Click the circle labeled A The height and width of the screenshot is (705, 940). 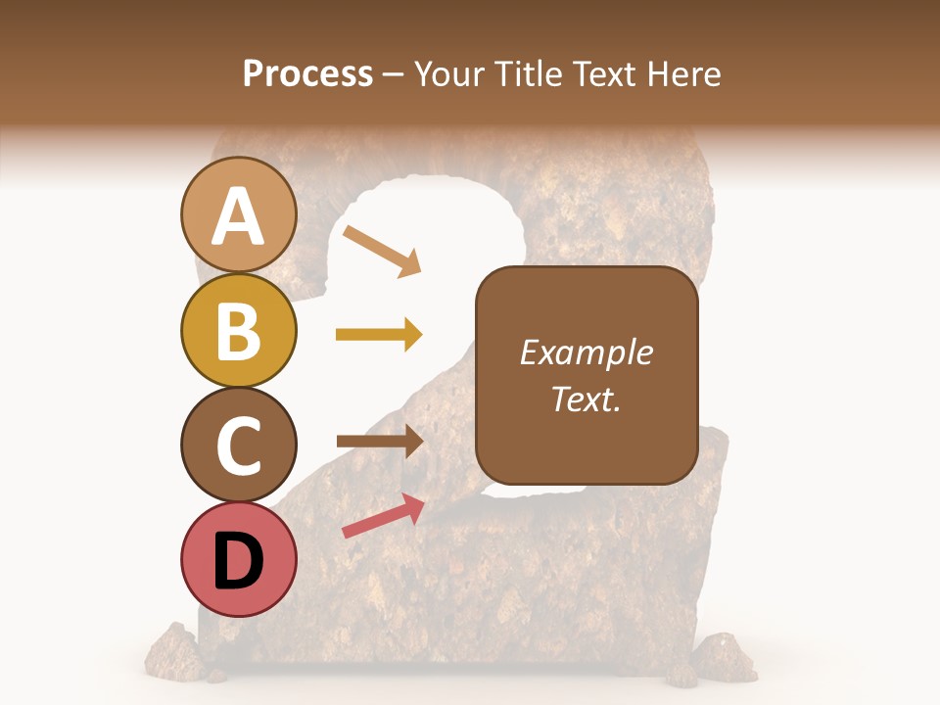tap(238, 214)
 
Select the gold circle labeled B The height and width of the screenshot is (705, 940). tap(238, 330)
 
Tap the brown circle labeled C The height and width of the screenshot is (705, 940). tap(238, 445)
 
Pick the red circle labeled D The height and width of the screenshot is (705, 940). tap(238, 559)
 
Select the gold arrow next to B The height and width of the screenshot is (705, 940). tap(379, 335)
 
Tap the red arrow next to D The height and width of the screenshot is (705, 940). tap(383, 515)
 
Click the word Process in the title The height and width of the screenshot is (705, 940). tap(307, 74)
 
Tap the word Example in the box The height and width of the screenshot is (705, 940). tap(586, 352)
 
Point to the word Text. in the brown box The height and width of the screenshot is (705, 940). tap(586, 399)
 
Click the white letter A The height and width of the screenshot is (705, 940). tap(238, 216)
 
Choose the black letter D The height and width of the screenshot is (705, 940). tap(238, 561)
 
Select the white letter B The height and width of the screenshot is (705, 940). tap(238, 331)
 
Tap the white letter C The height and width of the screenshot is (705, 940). tap(238, 446)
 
